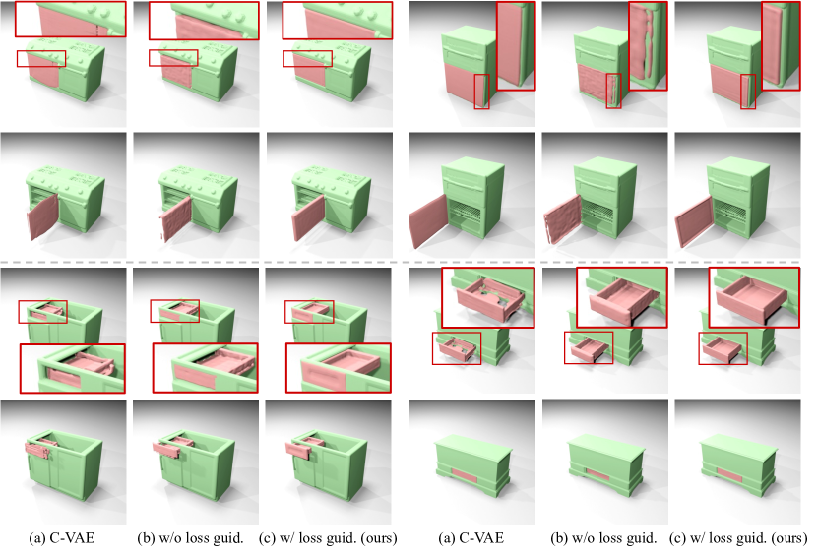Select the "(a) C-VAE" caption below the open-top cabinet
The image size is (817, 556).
pos(62,537)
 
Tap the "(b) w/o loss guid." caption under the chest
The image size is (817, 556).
pos(602,537)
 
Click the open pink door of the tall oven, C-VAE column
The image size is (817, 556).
pos(428,221)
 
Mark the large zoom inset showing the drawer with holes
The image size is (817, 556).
pos(487,297)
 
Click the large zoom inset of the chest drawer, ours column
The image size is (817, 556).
pos(754,297)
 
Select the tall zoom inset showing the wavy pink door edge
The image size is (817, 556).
pos(648,46)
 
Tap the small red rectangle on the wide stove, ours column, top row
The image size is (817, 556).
pos(307,58)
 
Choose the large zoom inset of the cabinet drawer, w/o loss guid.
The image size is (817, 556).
pos(205,368)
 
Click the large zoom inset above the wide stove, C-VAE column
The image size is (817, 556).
pos(70,20)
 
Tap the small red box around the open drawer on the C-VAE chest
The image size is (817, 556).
pos(457,348)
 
